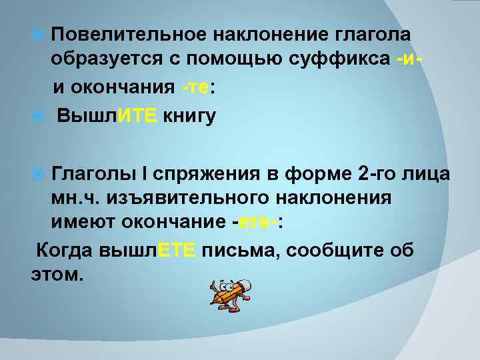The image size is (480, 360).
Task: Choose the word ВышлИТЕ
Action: (107, 116)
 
